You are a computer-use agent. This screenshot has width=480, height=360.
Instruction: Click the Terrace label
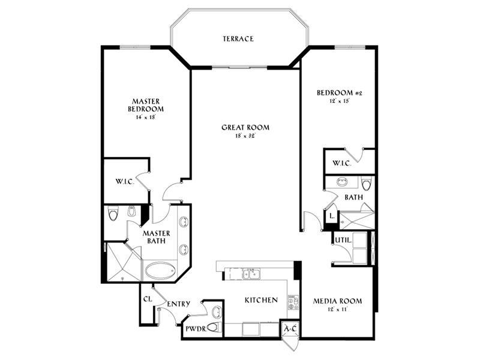click(x=238, y=39)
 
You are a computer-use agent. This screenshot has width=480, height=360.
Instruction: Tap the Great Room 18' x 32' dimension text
click(x=245, y=136)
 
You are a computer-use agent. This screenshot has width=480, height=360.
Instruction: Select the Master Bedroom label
click(x=146, y=105)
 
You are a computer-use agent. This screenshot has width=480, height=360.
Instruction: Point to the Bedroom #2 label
click(x=340, y=92)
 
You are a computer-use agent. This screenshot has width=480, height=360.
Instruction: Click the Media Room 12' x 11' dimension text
click(x=337, y=309)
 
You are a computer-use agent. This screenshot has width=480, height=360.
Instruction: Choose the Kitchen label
click(x=261, y=300)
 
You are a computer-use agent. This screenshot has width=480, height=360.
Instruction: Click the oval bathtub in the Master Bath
click(x=160, y=271)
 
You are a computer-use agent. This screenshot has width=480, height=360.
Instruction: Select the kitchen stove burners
click(x=293, y=302)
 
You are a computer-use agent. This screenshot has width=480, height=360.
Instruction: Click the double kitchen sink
click(x=251, y=274)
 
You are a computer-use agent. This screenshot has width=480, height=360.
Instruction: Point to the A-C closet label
click(x=290, y=329)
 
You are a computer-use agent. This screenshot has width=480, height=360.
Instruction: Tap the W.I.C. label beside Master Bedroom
click(x=125, y=182)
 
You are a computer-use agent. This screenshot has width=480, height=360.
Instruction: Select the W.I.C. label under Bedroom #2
click(x=341, y=163)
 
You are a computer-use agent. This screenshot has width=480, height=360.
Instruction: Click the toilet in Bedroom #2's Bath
click(x=366, y=184)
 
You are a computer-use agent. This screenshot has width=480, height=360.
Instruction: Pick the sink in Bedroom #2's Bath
click(x=341, y=182)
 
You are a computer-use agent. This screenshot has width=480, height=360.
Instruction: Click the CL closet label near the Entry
click(x=148, y=299)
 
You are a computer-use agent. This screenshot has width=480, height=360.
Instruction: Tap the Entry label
click(x=178, y=304)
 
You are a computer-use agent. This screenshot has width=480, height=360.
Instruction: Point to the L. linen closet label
click(x=332, y=216)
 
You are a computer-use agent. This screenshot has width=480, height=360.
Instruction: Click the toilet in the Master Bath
click(x=113, y=214)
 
